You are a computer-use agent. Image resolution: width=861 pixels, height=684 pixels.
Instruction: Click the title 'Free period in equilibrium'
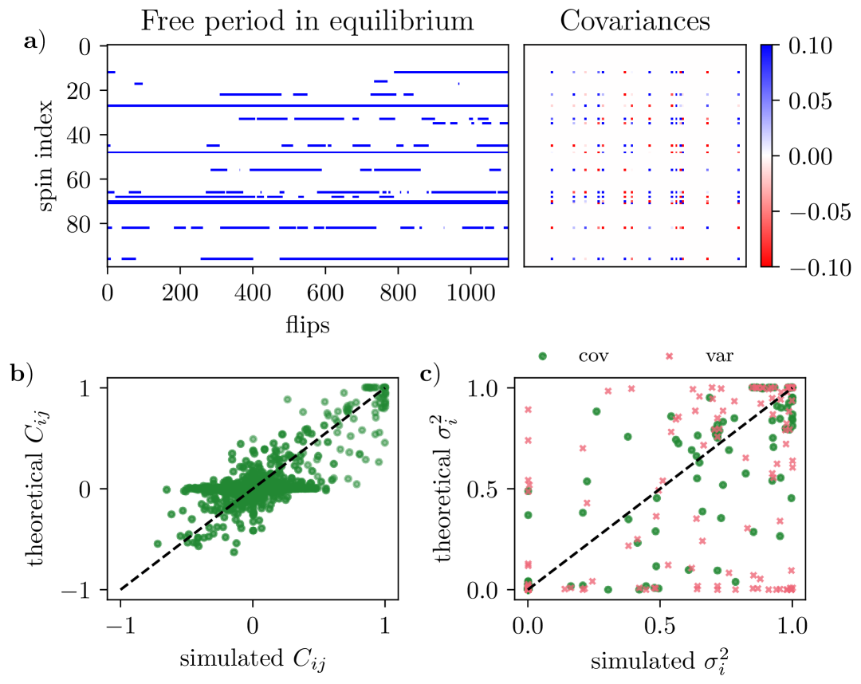tap(307, 22)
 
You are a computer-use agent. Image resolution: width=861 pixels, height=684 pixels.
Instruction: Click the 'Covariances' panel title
tap(635, 21)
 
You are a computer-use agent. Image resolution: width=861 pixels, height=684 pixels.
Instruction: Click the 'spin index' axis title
tap(47, 155)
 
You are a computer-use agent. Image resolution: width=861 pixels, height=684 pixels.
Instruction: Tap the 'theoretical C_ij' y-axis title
tap(47, 489)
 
